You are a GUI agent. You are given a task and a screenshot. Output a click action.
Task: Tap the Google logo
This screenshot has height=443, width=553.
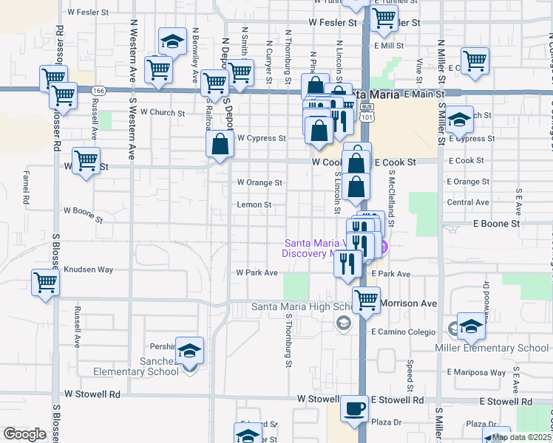[24, 434]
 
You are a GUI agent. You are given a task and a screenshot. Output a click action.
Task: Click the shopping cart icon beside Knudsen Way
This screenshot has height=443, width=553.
[46, 282]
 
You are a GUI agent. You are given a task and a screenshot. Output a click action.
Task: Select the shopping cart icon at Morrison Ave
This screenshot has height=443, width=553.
[367, 300]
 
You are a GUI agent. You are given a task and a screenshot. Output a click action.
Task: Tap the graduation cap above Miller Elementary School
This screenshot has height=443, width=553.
[471, 326]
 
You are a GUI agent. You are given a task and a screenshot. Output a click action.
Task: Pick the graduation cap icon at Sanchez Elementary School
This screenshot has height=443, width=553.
[190, 351]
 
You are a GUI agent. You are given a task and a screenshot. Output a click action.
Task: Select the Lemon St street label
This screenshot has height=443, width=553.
[254, 205]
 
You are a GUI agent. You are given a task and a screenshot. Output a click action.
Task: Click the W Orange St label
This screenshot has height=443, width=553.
[259, 182]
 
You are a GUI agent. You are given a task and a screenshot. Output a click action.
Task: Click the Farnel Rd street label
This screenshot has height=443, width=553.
[26, 189]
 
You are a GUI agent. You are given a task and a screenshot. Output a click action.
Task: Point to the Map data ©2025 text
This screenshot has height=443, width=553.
[522, 437]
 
